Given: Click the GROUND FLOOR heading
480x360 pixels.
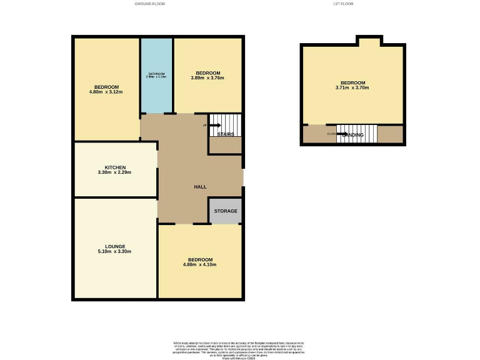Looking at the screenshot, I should click(x=149, y=4).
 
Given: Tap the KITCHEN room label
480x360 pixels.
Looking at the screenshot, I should click(x=115, y=167).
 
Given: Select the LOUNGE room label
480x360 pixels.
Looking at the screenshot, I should click(x=115, y=246).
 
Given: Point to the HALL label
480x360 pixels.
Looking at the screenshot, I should click(x=200, y=187).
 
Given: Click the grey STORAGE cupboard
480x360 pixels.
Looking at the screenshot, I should click(x=226, y=211).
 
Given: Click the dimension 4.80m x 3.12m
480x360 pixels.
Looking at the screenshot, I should click(x=106, y=92).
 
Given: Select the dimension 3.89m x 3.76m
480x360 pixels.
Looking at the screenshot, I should click(x=207, y=78).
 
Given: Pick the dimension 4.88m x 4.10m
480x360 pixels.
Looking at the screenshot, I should click(x=200, y=265).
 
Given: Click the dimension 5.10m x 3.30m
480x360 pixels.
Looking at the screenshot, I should click(x=115, y=252).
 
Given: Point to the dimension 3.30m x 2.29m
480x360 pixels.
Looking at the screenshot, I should click(x=115, y=172).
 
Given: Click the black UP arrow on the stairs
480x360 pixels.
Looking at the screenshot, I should click(x=215, y=125).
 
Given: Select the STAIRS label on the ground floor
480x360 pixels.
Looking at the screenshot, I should click(x=226, y=134).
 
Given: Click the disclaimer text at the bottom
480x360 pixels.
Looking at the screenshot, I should click(x=239, y=348).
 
